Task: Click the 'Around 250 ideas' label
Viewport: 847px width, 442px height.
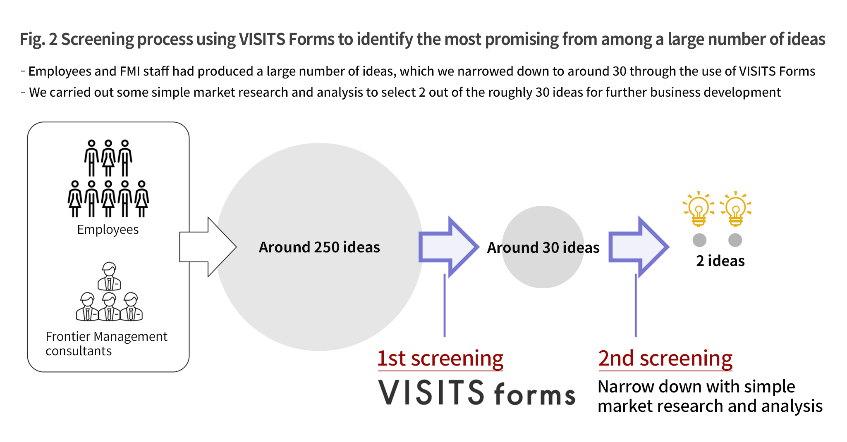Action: point(319,247)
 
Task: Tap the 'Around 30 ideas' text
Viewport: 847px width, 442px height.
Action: point(543,247)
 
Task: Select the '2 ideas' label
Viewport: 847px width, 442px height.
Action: point(720,261)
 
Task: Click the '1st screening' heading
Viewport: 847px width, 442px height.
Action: point(440,358)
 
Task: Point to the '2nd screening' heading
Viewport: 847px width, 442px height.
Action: point(665,358)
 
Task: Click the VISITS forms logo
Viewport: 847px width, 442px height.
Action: point(476,392)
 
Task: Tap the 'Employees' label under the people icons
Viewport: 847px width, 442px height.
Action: point(108,230)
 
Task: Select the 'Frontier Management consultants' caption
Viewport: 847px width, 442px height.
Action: point(106,343)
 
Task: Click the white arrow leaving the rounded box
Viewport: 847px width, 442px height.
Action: point(208,247)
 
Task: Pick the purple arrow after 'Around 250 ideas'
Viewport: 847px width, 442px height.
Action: point(449,247)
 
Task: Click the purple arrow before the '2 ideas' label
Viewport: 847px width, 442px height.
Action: point(639,247)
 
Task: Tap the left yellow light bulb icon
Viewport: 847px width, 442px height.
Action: point(699,209)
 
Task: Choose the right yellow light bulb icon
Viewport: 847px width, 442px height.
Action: point(735,209)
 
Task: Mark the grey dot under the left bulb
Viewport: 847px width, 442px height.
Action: point(699,240)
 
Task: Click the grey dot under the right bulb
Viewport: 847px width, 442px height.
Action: point(735,240)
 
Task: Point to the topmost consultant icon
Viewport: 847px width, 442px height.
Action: point(109,276)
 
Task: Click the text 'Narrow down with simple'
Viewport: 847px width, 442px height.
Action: point(696,387)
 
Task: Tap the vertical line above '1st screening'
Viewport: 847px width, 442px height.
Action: point(445,305)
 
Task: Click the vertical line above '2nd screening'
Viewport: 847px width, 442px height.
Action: point(636,305)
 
